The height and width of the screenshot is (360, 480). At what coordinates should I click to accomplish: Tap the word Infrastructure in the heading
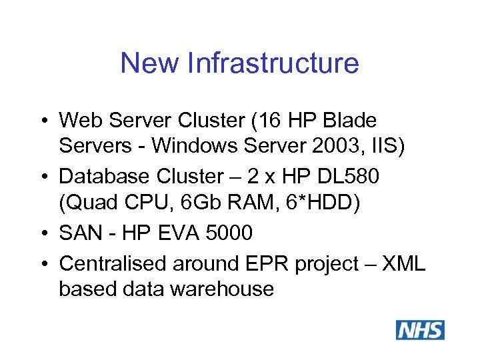pyautogui.click(x=274, y=63)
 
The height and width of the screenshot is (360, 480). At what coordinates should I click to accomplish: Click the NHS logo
pyautogui.click(x=420, y=330)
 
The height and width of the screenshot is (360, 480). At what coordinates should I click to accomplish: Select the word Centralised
pyautogui.click(x=113, y=264)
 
